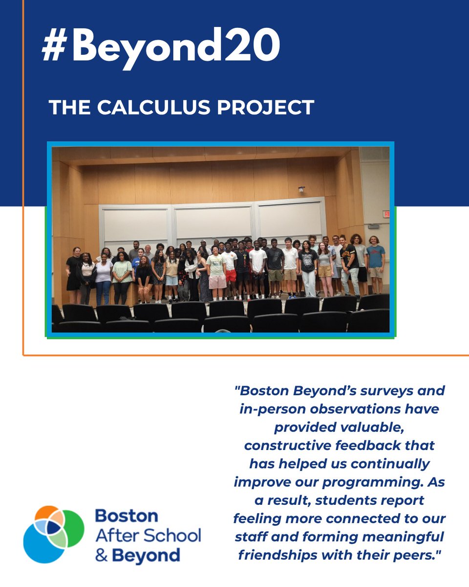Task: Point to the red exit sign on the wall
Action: pos(386,214)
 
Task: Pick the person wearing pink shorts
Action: pos(216,274)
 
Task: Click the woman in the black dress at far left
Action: pos(73,274)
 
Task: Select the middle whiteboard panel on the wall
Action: pos(213,223)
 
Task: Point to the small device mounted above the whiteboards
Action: pos(301,189)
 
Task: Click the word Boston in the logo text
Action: pos(127,516)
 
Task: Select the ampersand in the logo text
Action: pos(101,556)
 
